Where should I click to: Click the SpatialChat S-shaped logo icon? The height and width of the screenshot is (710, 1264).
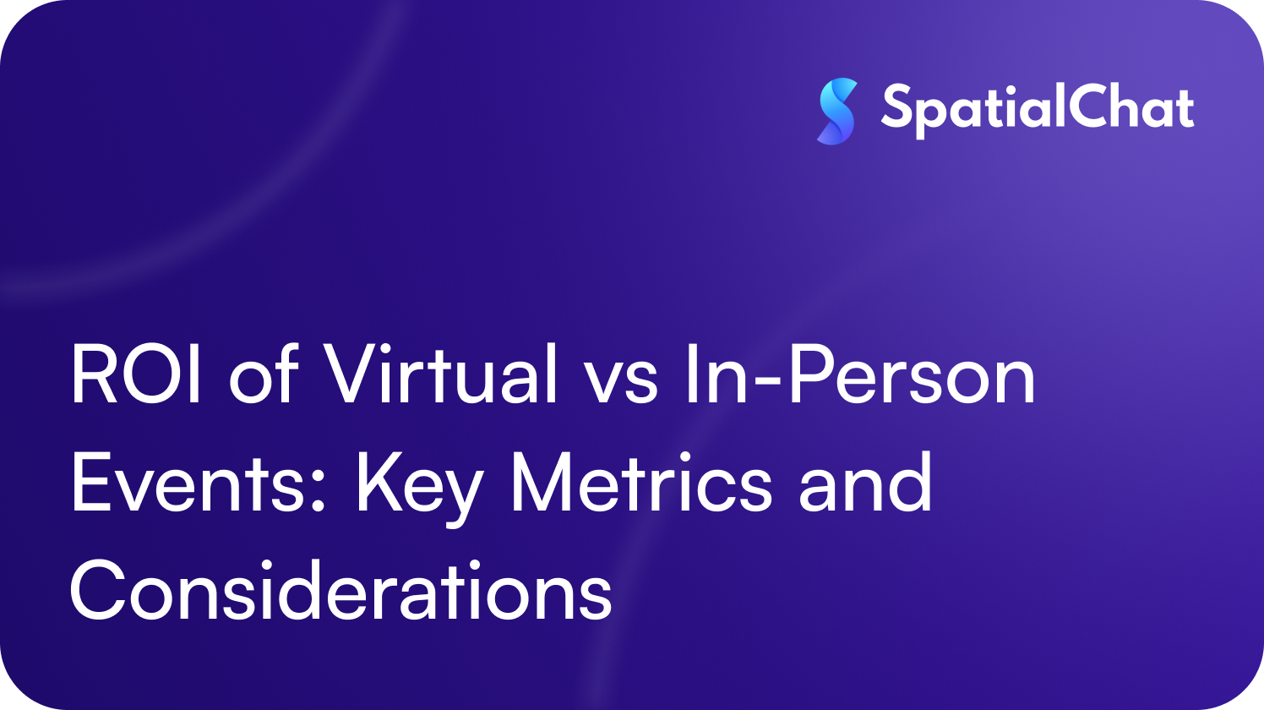pos(837,111)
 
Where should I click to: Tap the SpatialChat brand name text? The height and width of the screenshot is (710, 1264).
pos(1038,110)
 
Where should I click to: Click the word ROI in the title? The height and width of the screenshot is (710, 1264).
pos(136,375)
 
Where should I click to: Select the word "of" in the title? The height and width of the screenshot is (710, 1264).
pos(264,375)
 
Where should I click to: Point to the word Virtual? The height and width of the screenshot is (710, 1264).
pos(442,375)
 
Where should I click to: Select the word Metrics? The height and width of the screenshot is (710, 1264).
pos(641,483)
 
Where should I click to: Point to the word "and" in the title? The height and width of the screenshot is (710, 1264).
pos(866,483)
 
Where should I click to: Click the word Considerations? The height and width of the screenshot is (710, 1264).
pos(341,591)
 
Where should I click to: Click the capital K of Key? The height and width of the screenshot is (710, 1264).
pos(375,483)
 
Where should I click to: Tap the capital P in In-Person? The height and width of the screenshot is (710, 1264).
pos(809,375)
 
